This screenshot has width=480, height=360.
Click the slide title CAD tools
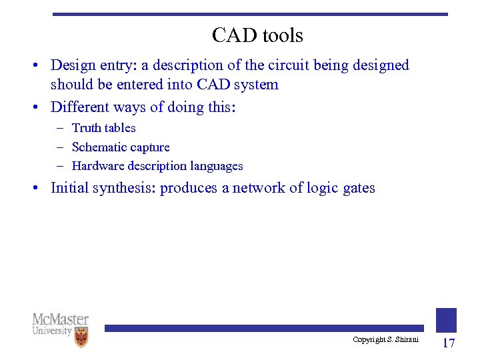click(257, 35)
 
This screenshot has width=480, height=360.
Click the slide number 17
click(448, 343)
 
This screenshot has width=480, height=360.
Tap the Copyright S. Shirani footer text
click(385, 340)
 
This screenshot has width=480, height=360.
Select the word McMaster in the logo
click(60, 319)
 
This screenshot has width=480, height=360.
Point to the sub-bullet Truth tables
click(103, 128)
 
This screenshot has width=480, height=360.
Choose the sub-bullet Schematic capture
click(120, 147)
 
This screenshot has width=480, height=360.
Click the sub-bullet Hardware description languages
click(157, 166)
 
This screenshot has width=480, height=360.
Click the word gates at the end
click(359, 189)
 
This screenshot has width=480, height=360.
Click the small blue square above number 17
click(446, 320)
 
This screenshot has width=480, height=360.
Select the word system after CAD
click(257, 85)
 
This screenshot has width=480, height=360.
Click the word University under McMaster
click(52, 331)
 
